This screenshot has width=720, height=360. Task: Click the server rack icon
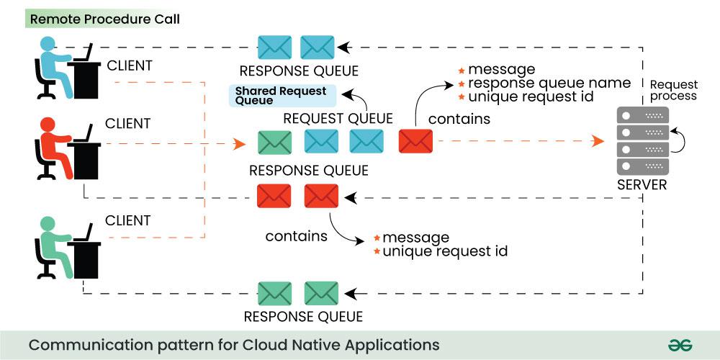pos(643,141)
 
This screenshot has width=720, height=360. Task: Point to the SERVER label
pos(642,185)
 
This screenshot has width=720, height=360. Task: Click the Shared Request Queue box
pos(281,96)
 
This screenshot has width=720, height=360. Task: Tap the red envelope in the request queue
pos(415,141)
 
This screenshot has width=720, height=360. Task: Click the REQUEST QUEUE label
pos(338,118)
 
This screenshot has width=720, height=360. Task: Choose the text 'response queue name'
pos(549,83)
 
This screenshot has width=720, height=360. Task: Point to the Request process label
pos(673,90)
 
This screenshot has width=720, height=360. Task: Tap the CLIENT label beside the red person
pos(128,124)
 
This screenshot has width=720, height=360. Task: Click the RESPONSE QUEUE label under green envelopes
pos(303,317)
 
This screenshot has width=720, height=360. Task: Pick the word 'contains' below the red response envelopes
pos(296,235)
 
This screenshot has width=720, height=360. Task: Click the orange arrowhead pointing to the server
pos(597,141)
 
